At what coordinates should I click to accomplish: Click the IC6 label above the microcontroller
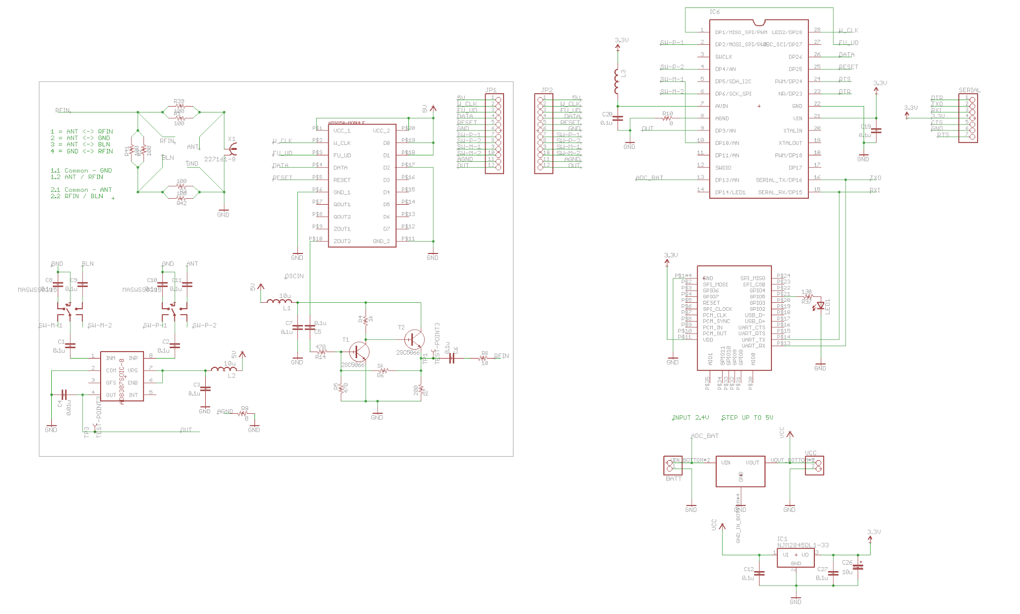pos(714,12)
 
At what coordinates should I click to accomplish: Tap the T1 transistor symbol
pos(358,352)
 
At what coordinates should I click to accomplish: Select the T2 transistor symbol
pos(414,340)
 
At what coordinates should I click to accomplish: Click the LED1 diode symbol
pos(820,306)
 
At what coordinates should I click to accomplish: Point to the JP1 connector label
pos(491,90)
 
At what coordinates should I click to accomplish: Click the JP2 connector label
pos(546,90)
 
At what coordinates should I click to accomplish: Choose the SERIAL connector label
pos(969,90)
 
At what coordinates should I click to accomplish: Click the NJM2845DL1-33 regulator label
pos(803,545)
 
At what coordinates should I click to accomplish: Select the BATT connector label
pos(673,479)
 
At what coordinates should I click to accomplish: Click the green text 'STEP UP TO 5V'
pos(747,417)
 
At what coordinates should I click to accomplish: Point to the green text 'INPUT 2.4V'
pos(690,417)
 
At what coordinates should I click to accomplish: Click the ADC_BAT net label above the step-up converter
pos(705,436)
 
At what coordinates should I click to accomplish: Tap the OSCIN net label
pos(294,276)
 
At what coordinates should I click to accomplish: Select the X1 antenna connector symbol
pos(232,148)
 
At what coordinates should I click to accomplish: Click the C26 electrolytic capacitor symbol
pos(858,567)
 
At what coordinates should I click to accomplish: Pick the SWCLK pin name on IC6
pos(724,57)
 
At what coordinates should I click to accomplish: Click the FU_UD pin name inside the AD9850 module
pos(342,155)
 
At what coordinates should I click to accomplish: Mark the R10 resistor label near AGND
pos(667,114)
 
